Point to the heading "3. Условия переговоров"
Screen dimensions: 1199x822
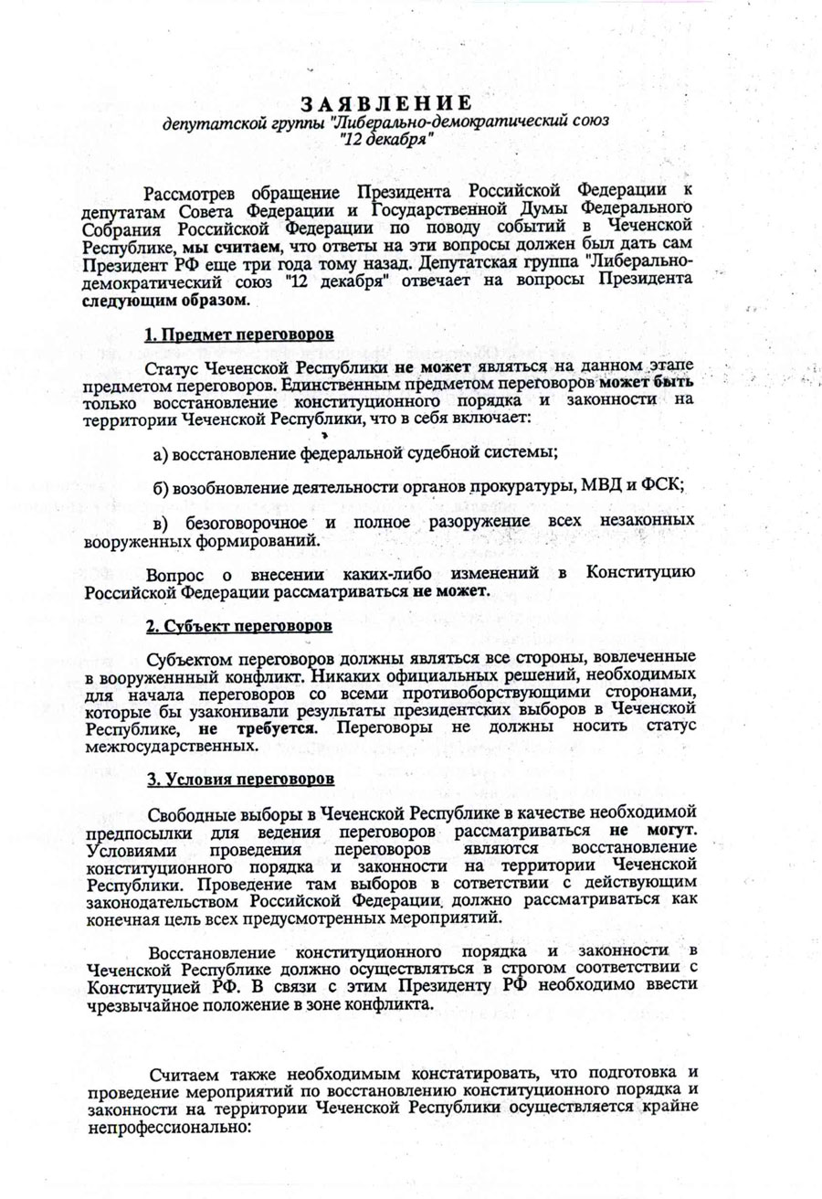point(239,780)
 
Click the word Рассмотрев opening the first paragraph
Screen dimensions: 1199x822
point(194,191)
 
